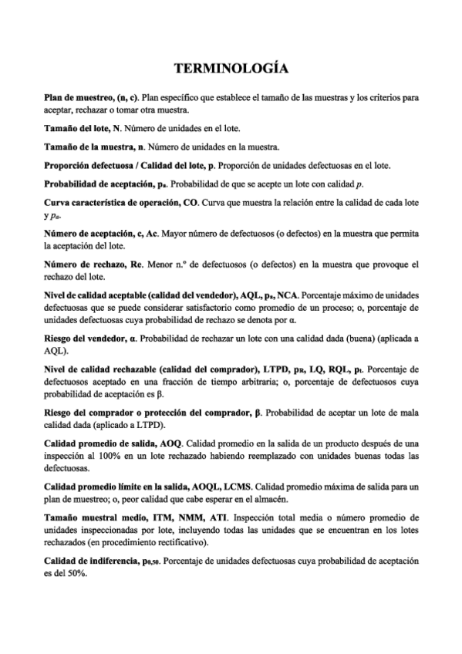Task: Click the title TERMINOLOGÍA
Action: (x=231, y=69)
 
